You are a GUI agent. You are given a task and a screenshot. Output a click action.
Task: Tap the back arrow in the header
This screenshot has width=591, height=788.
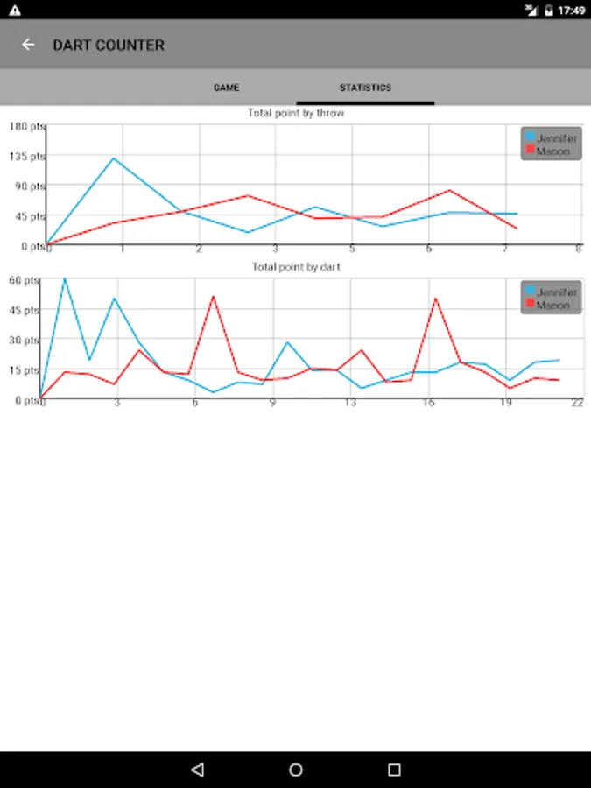[x=29, y=45]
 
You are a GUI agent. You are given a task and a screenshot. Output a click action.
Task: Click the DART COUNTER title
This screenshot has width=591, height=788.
[x=109, y=45]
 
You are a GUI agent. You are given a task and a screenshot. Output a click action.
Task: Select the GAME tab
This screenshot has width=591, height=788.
[x=226, y=88]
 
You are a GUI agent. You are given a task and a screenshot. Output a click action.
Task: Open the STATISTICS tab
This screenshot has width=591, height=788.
[x=365, y=88]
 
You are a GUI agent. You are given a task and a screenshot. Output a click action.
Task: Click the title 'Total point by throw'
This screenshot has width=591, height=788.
[x=295, y=113]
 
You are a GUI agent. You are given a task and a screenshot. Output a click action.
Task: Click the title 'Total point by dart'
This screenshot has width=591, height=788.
[x=296, y=267]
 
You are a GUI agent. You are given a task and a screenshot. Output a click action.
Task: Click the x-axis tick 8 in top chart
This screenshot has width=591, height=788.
[x=579, y=250]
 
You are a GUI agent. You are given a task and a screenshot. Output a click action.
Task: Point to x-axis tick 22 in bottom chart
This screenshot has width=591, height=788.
[x=577, y=403]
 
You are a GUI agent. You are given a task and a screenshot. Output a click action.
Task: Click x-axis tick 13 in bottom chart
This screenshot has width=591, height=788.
[x=350, y=403]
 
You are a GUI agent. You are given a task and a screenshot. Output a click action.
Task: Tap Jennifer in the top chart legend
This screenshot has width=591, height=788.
[x=556, y=138]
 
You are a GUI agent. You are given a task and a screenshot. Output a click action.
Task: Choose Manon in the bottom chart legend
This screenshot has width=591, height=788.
[x=552, y=306]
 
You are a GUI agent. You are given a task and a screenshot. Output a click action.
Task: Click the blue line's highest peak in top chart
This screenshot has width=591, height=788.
[x=114, y=158]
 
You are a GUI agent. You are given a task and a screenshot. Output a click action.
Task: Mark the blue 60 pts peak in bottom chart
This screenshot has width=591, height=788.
[x=64, y=279]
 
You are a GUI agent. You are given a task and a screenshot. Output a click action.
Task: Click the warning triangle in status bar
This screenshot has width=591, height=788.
[x=14, y=10]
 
